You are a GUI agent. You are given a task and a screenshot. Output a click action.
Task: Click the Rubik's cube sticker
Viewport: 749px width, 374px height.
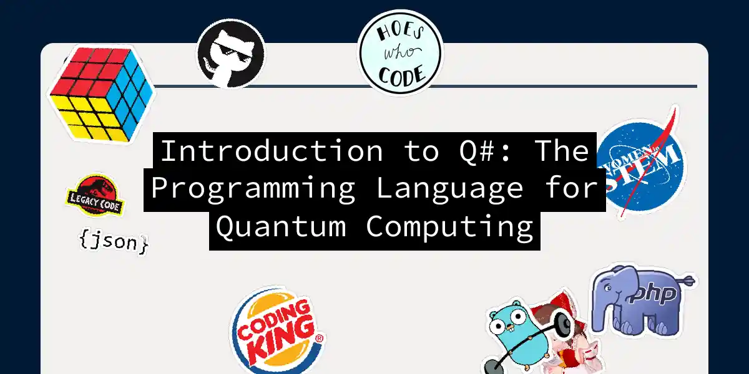pyautogui.click(x=101, y=94)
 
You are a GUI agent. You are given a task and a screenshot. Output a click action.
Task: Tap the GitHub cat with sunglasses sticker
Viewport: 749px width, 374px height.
pyautogui.click(x=230, y=54)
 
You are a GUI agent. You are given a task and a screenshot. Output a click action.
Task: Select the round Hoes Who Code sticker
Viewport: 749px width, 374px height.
pyautogui.click(x=401, y=53)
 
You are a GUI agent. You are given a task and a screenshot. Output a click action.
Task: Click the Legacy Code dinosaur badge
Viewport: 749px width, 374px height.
pyautogui.click(x=95, y=195)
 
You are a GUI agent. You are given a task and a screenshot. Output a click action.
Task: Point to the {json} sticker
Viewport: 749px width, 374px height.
pyautogui.click(x=114, y=241)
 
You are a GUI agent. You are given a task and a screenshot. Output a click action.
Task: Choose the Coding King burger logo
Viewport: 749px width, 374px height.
pyautogui.click(x=278, y=330)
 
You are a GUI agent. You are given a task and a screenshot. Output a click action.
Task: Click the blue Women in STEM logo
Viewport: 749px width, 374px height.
pyautogui.click(x=640, y=163)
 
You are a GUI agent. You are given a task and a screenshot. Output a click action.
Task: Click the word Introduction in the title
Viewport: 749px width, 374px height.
pyautogui.click(x=272, y=151)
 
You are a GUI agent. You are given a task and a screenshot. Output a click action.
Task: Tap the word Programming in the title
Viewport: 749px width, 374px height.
pyautogui.click(x=253, y=189)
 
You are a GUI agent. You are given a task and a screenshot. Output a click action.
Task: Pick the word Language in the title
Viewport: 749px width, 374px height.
pyautogui.click(x=450, y=189)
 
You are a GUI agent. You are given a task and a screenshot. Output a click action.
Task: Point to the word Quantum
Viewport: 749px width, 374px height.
pyautogui.click(x=281, y=227)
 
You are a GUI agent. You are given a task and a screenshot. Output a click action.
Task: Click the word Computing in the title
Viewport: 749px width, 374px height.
pyautogui.click(x=449, y=227)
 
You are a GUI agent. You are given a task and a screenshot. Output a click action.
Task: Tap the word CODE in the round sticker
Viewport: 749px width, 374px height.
pyautogui.click(x=402, y=75)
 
